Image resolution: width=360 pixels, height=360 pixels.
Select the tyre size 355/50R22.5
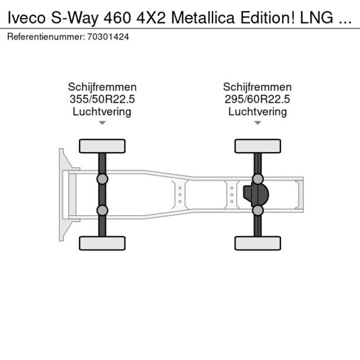[102, 99]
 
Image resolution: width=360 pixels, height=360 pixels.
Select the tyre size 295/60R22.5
[257, 99]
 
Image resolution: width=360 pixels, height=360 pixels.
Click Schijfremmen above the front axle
[102, 87]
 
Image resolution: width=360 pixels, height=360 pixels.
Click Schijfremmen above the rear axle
[257, 87]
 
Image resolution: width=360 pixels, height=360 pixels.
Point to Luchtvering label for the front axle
[102, 111]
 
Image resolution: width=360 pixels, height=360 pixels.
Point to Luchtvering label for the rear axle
[257, 111]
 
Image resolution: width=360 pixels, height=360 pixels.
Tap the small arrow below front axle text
[102, 123]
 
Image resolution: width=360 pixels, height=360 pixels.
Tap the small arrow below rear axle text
[258, 123]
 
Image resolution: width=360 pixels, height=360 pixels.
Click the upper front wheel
[102, 146]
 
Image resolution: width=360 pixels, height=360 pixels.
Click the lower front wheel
[102, 243]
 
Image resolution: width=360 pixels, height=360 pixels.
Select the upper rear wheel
[258, 146]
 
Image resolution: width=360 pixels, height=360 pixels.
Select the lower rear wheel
[258, 243]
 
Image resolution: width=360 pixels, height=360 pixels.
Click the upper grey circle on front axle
[102, 179]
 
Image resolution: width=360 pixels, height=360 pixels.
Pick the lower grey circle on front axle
[102, 210]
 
